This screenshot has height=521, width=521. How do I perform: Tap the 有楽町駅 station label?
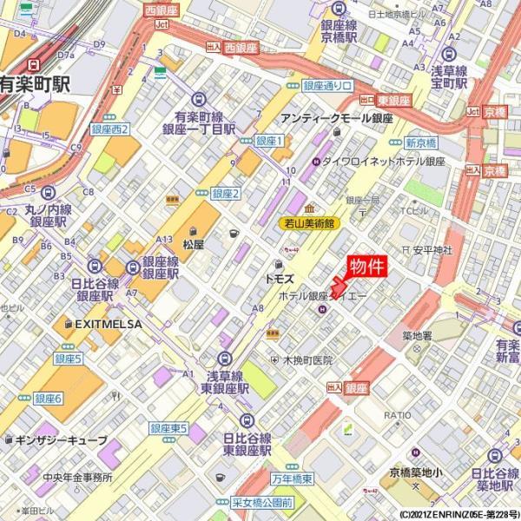(x=35, y=84)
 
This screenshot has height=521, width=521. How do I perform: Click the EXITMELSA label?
(x=107, y=323)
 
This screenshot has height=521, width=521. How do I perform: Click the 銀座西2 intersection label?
(x=110, y=129)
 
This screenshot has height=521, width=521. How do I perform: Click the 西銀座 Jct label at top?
(x=161, y=10)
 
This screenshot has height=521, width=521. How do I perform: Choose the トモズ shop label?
(x=280, y=279)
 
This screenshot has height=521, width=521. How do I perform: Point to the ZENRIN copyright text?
(x=459, y=514)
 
